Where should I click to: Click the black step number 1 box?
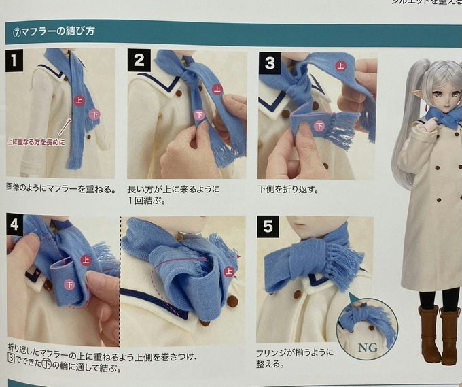coord(14,61)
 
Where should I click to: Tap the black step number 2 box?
coord(139,60)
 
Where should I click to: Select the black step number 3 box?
coord(270,63)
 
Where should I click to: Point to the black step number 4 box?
coord(15,224)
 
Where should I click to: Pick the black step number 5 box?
coord(268,226)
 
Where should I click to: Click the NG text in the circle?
coord(368,348)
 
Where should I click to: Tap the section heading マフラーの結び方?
coord(54,31)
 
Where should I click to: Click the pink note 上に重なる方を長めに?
coord(37,142)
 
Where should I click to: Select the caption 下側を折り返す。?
coord(289,189)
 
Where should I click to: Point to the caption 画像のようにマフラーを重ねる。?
coord(61,188)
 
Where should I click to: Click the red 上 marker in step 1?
coord(79,101)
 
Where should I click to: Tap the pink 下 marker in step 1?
coord(94,114)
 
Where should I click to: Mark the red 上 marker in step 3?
coord(341,66)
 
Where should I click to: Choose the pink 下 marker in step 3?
coord(319,126)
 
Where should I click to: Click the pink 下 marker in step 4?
coord(69,284)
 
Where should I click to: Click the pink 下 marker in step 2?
coord(200,115)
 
